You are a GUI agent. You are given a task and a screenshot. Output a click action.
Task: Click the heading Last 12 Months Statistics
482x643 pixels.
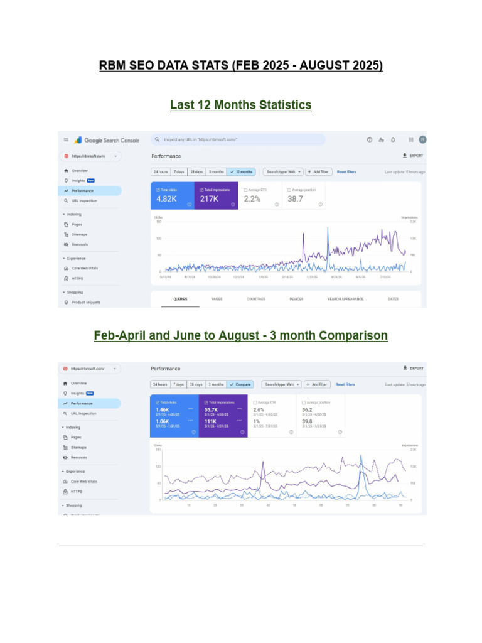click(x=240, y=105)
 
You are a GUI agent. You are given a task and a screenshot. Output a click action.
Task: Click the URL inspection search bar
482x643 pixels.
click(x=238, y=139)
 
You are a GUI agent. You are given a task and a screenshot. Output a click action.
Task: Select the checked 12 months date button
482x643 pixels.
click(x=241, y=171)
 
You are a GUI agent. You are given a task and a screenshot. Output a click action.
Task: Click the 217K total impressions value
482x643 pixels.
click(x=209, y=198)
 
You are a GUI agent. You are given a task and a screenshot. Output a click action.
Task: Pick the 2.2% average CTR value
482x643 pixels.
click(x=252, y=198)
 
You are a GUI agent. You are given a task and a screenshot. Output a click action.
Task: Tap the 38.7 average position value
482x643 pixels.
click(x=295, y=198)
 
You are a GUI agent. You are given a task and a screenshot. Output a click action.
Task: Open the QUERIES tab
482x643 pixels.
click(x=180, y=300)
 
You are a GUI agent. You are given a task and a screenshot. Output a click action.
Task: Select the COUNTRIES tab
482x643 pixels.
click(x=256, y=300)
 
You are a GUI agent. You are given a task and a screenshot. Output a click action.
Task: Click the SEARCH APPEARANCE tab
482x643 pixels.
click(x=345, y=300)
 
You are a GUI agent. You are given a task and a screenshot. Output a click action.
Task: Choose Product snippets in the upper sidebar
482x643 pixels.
click(x=85, y=302)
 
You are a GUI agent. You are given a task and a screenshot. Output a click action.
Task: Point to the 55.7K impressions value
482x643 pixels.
click(x=211, y=409)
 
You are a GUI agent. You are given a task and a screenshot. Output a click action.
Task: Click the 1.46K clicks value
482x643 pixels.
click(x=163, y=409)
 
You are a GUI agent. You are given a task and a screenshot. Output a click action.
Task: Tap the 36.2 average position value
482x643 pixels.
click(x=307, y=409)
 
